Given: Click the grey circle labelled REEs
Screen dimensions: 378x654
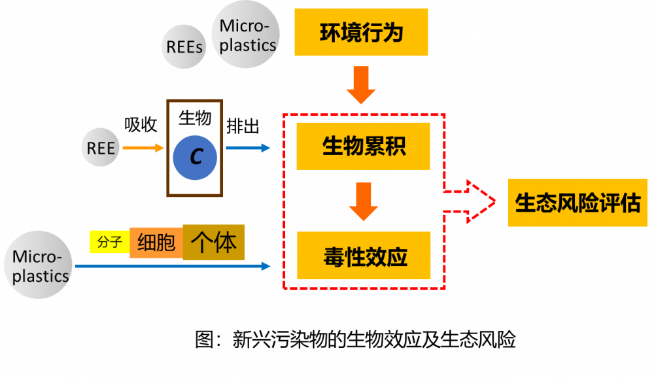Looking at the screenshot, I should pyautogui.click(x=184, y=46).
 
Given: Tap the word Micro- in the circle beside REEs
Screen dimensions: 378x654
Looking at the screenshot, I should pyautogui.click(x=245, y=26).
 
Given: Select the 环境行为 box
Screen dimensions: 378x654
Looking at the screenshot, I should pyautogui.click(x=361, y=32).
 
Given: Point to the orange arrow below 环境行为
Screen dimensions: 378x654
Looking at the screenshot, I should pyautogui.click(x=361, y=85).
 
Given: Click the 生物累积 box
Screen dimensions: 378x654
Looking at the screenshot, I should pyautogui.click(x=364, y=146).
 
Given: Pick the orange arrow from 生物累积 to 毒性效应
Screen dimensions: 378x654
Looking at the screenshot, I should pyautogui.click(x=364, y=201).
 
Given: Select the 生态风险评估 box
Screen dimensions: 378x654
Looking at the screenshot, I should pyautogui.click(x=577, y=203).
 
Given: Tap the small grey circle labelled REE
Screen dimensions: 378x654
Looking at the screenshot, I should pyautogui.click(x=101, y=148).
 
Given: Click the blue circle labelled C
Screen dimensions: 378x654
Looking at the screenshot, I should pyautogui.click(x=195, y=157).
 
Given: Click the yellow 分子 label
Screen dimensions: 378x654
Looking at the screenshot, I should pyautogui.click(x=109, y=243).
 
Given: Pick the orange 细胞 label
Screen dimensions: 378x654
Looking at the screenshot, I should pyautogui.click(x=156, y=243).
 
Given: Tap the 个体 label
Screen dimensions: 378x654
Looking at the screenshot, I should pyautogui.click(x=213, y=242).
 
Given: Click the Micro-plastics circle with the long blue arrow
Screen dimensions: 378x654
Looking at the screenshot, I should pyautogui.click(x=38, y=265).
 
